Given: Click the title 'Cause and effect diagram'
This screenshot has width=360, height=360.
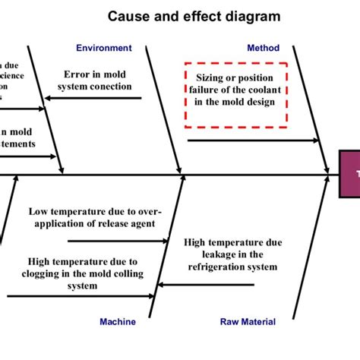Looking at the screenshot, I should (193, 15).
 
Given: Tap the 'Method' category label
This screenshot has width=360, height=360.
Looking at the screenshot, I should (263, 48).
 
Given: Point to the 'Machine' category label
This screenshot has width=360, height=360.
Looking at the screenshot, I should (118, 321).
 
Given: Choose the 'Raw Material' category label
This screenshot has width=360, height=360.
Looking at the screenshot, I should (248, 321).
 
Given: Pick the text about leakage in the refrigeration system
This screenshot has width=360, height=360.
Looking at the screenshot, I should (230, 254).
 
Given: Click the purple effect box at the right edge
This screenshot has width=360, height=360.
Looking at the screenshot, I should (349, 174).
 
